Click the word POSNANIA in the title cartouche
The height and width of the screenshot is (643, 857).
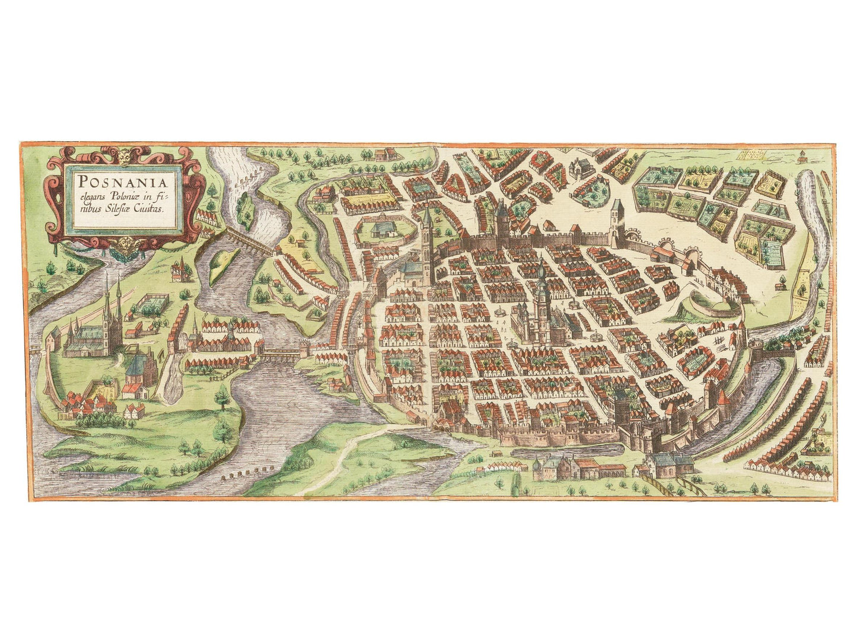coord(122,179)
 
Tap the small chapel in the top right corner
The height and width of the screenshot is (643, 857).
coord(802,158)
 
